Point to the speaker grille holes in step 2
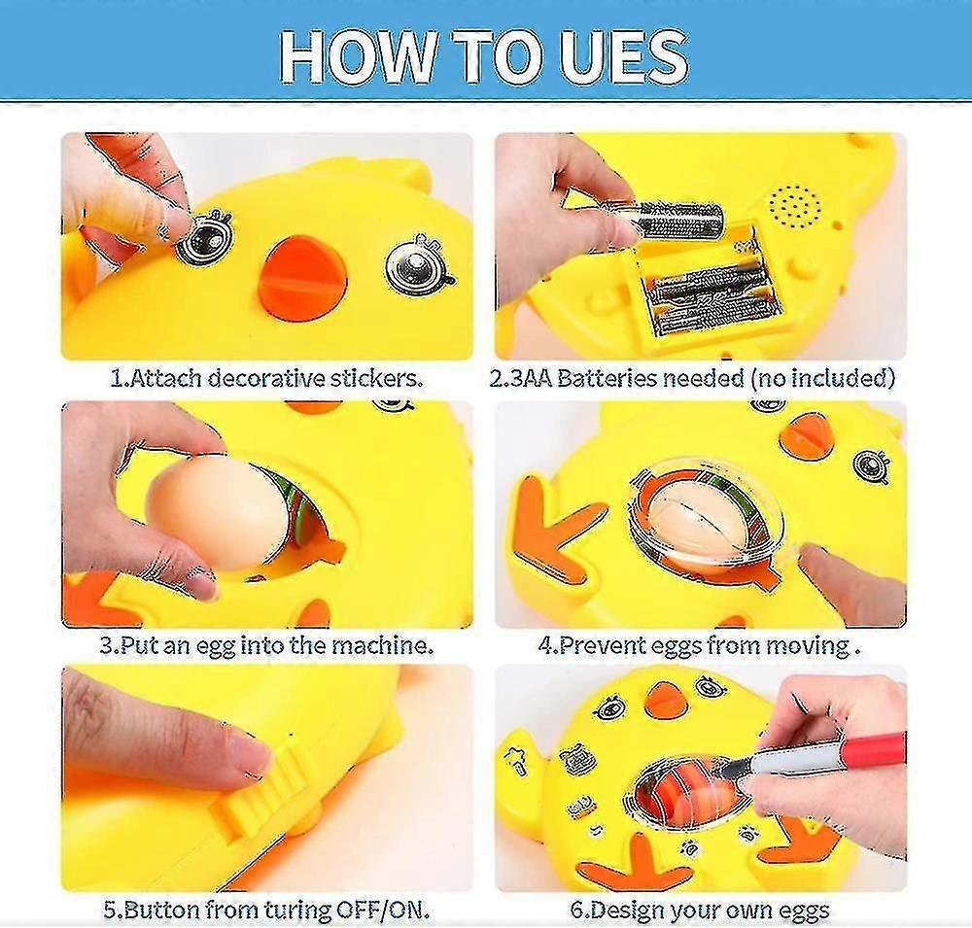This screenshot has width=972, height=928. [x=795, y=205]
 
